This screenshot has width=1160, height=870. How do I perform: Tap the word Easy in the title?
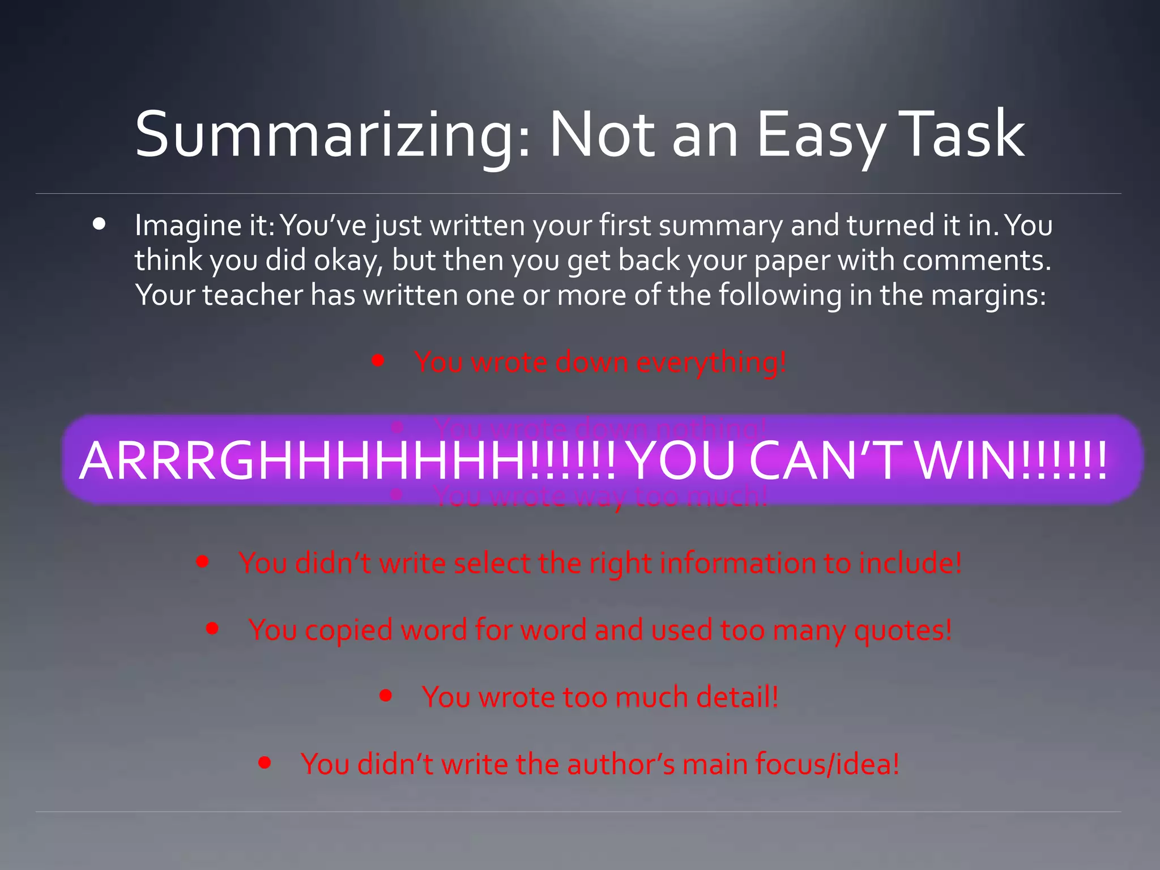820,136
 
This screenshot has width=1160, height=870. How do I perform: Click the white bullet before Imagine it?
99,224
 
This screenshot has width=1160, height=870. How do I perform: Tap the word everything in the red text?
711,363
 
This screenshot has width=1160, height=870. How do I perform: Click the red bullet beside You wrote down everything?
378,360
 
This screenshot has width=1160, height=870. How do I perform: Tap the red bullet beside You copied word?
212,628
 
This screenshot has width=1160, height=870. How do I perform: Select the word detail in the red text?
737,697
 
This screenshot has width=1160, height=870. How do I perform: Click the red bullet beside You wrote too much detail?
386,695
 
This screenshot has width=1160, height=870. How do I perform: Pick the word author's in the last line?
621,765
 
